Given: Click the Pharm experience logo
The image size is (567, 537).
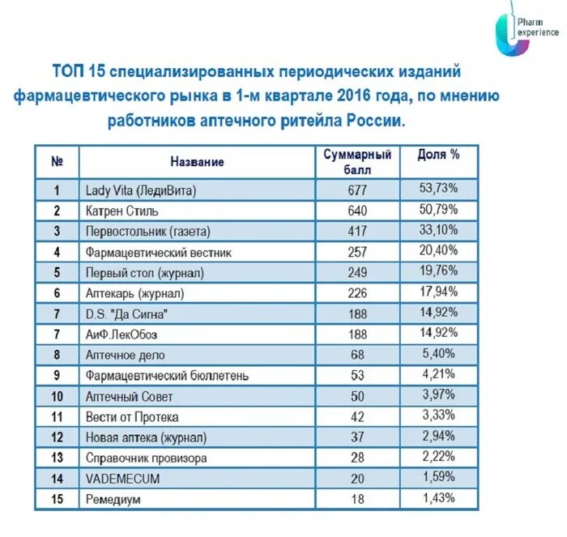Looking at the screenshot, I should [526, 32].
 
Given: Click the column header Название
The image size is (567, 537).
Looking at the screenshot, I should [198, 162].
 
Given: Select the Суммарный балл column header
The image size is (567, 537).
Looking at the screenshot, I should [357, 162].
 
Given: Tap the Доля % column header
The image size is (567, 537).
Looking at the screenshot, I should [438, 155].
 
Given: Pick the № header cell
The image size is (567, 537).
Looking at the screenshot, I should [57, 162].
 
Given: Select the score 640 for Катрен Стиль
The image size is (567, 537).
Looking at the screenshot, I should [357, 211].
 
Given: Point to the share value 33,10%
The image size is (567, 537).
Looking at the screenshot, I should [438, 230].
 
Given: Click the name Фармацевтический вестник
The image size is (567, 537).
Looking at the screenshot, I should [159, 253].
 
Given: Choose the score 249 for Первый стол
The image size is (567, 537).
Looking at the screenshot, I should [357, 273].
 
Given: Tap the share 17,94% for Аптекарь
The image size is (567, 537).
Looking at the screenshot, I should [438, 292].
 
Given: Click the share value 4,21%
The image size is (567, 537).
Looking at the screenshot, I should [438, 374].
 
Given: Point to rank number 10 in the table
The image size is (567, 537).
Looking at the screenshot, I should [57, 397].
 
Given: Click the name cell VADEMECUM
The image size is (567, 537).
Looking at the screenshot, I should [122, 479].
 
